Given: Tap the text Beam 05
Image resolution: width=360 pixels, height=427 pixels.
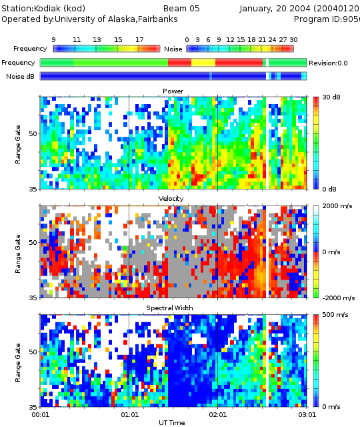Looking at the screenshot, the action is pos(181,9).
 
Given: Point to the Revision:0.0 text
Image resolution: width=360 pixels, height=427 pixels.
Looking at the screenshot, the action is pos(328,63).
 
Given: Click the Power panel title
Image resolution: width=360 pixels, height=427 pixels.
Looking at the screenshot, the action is pos(173,91).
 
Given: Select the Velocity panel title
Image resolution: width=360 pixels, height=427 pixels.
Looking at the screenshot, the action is pos(171,199).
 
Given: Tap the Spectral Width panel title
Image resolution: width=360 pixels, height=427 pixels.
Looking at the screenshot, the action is pos(169,308).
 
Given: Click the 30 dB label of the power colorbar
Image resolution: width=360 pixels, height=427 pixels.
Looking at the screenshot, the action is pos(331,97).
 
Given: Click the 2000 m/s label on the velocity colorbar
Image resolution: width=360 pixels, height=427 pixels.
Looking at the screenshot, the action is pos(337,206).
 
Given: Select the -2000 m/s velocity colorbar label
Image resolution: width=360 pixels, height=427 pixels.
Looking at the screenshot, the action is pos(339,298).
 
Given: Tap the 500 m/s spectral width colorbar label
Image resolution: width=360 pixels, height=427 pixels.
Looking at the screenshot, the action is pos(335,315).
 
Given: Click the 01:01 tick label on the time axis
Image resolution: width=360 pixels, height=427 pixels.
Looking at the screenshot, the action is pos(129,415).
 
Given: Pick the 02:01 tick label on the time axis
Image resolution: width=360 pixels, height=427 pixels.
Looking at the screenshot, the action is pos(218,415).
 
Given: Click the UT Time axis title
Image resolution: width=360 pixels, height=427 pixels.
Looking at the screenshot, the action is pos(172,422).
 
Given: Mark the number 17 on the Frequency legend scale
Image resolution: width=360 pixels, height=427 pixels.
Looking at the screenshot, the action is pos(139,40).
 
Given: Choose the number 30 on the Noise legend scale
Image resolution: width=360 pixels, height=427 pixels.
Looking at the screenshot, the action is pos(293,40).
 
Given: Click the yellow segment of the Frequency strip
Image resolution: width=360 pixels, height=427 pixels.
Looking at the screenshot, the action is pos(203,63).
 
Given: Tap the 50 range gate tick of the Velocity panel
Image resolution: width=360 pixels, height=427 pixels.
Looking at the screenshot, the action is pos(33,242).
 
